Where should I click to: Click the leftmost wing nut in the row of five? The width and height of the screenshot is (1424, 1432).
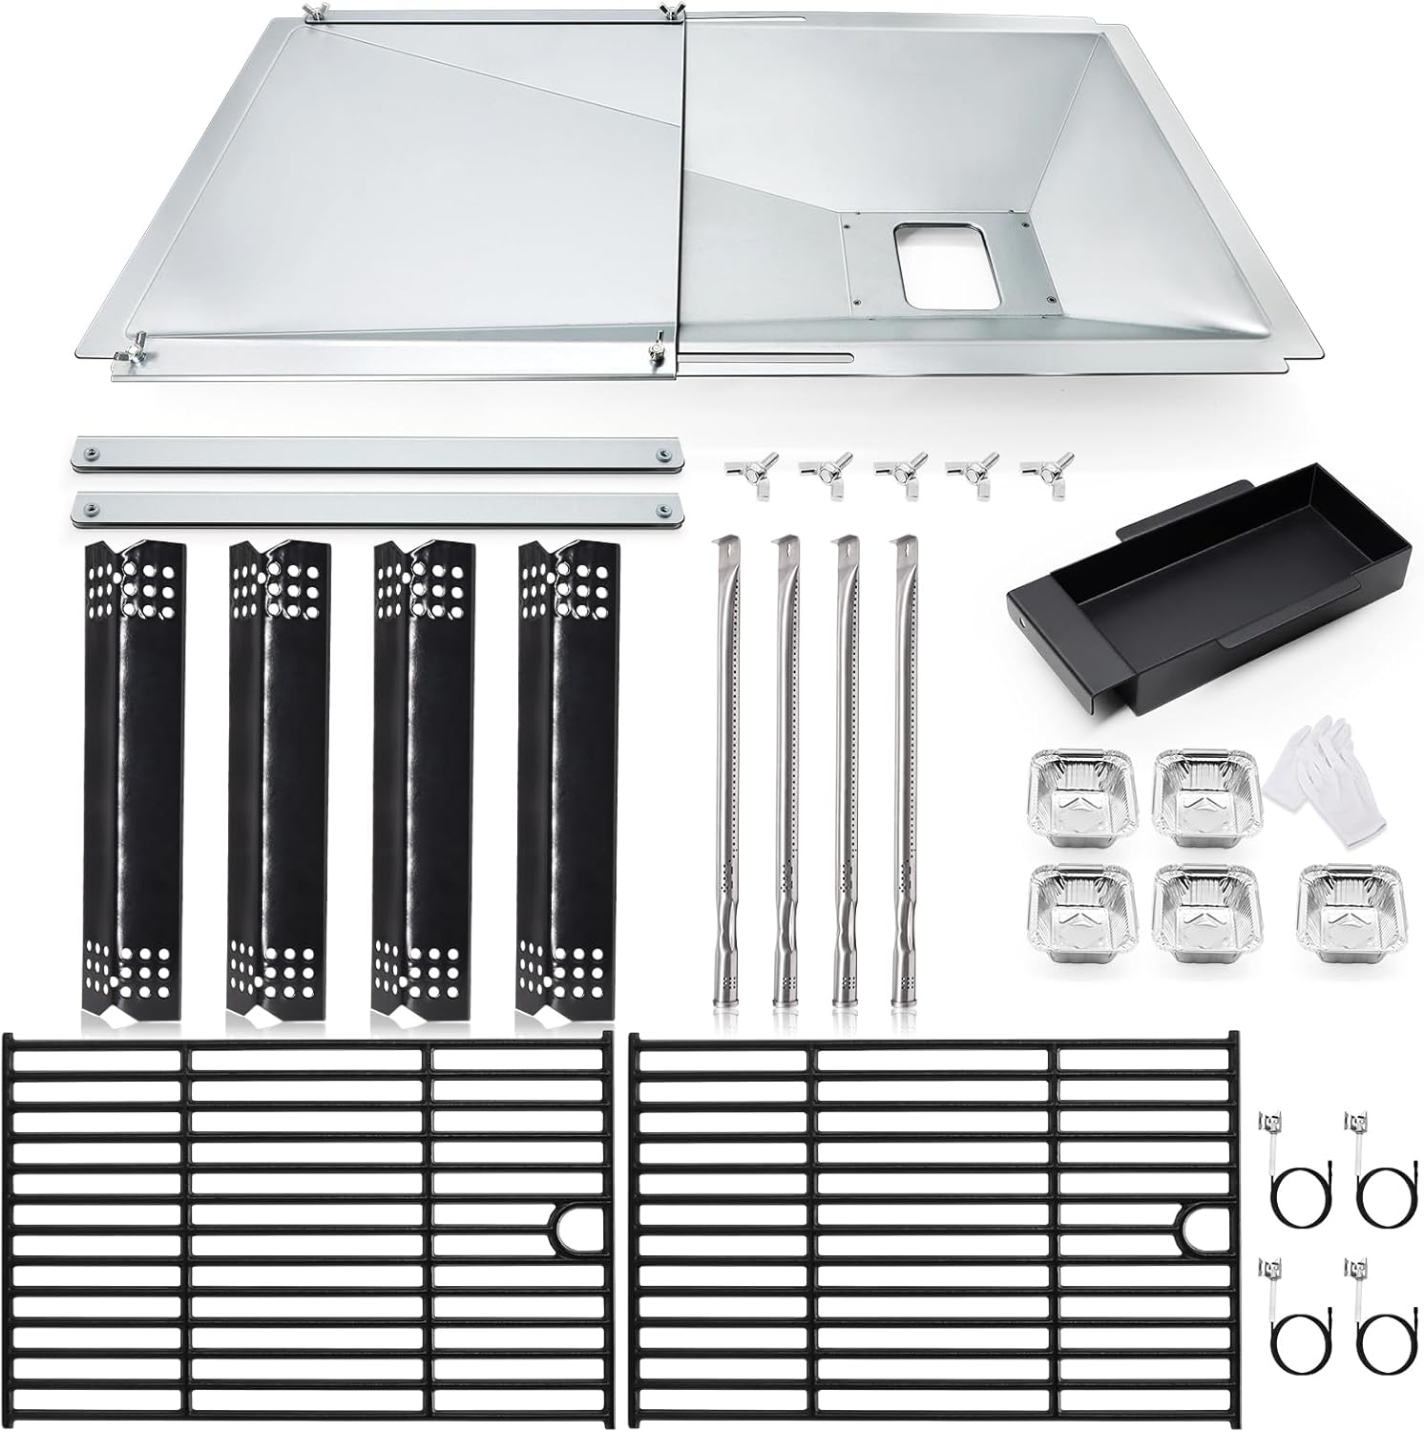click(x=745, y=474)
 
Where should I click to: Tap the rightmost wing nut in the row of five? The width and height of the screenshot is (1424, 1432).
click(x=1041, y=474)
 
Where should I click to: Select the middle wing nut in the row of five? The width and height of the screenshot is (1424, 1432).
click(x=895, y=474)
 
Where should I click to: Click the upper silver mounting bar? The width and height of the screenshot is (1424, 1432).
click(x=379, y=453)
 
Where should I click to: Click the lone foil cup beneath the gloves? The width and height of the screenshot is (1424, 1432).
click(x=1332, y=898)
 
